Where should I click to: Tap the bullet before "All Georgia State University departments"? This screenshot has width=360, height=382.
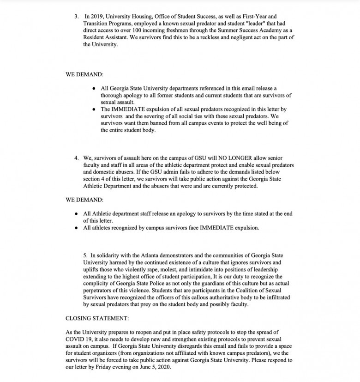click(x=94, y=88)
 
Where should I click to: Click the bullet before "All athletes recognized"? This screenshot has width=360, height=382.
click(x=76, y=228)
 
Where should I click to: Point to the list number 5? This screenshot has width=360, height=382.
click(x=85, y=255)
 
